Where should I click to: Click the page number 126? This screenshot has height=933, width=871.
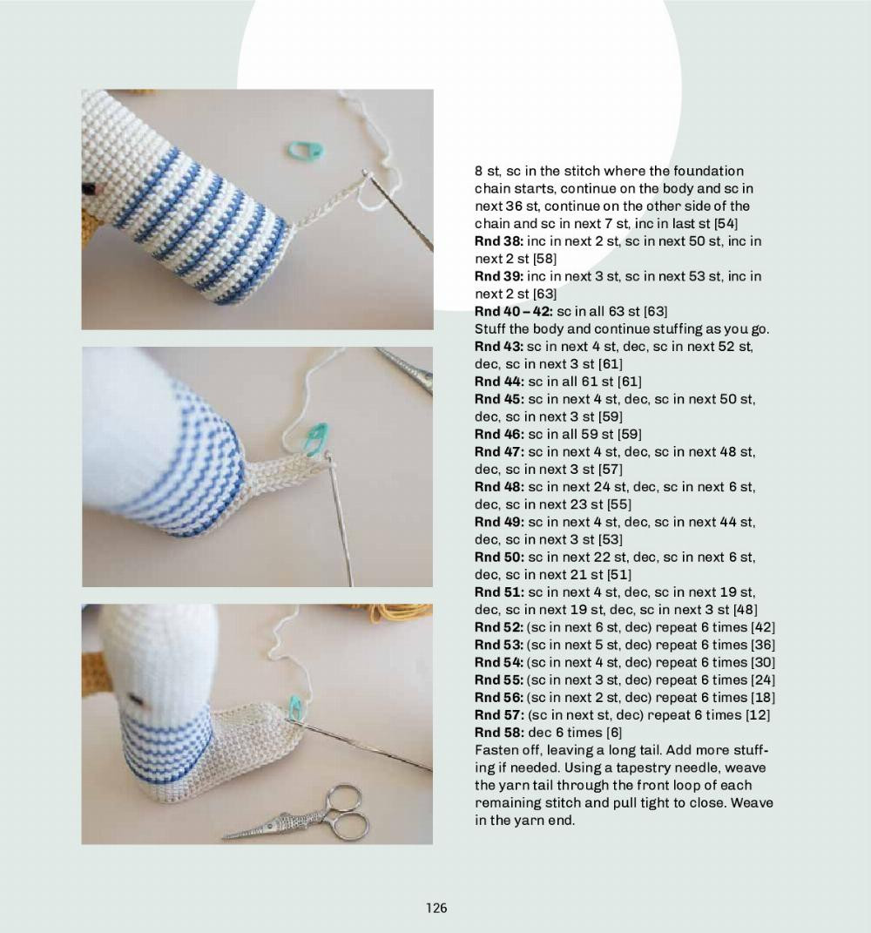click(x=436, y=908)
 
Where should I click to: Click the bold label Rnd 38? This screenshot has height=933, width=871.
click(x=498, y=241)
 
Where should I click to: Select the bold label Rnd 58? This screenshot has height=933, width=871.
click(x=498, y=733)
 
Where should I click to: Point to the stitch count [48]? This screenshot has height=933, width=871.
click(x=745, y=610)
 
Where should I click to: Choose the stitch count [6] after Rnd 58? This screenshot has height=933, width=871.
click(x=613, y=733)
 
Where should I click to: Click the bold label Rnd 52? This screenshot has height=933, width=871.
click(x=498, y=627)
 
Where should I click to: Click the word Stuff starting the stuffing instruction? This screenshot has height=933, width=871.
click(x=490, y=329)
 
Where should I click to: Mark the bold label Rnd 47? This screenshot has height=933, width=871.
click(x=498, y=451)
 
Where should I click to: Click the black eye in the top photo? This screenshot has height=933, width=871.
click(x=88, y=188)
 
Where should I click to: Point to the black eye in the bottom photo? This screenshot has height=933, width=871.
click(x=133, y=698)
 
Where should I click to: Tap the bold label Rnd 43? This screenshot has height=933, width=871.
click(x=498, y=347)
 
